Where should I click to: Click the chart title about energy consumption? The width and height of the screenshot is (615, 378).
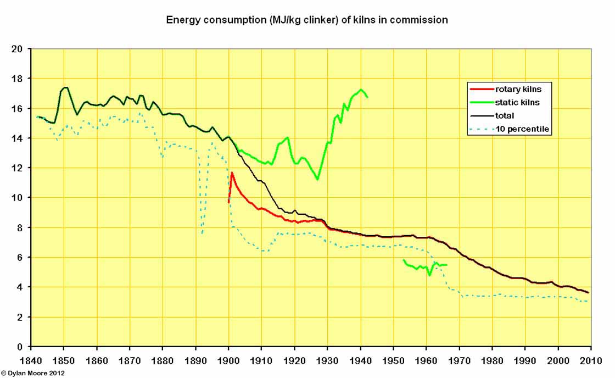pos(307,20)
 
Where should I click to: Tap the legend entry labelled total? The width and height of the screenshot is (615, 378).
pos(505,115)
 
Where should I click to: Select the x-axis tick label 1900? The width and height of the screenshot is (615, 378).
pos(228,361)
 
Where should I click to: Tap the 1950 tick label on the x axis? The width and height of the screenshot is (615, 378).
pos(393,361)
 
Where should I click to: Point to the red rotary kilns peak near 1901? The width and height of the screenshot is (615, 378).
pos(232,173)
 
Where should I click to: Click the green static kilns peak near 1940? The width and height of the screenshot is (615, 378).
pos(361,90)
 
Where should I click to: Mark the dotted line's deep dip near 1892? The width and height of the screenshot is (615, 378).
pos(203,233)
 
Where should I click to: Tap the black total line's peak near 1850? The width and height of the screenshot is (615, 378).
pos(65,87)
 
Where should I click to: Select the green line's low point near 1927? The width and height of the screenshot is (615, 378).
pos(317,179)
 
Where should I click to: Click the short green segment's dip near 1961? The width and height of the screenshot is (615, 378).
pos(429,274)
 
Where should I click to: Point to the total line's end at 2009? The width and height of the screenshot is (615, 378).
pos(588,292)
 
